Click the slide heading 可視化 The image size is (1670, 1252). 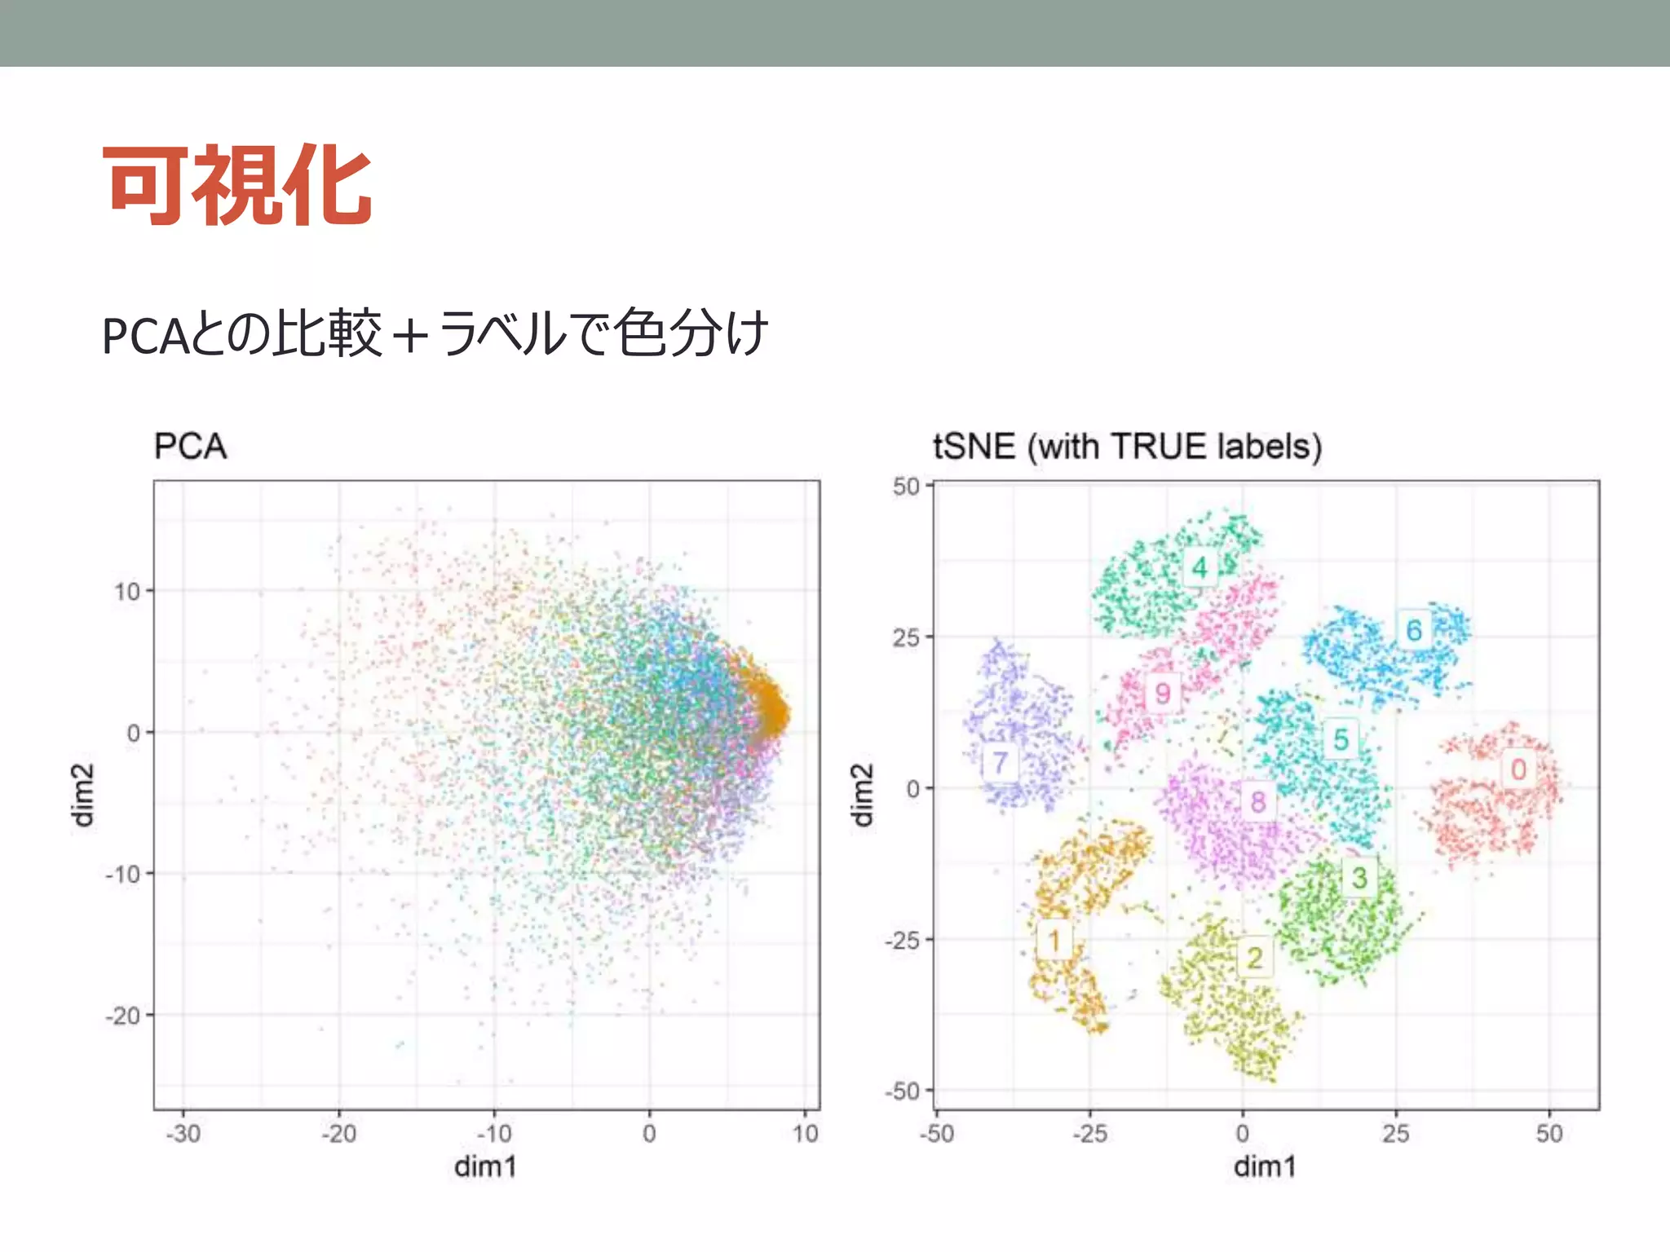click(237, 185)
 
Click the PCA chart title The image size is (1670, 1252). click(190, 447)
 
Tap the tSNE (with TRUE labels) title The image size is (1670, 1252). click(1127, 447)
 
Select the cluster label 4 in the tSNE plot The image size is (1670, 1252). click(1199, 567)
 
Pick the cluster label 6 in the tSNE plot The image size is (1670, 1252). click(1414, 630)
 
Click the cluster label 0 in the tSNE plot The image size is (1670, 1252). click(1518, 769)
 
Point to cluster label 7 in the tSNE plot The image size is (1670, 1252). click(1001, 764)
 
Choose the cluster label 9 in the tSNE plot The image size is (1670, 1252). click(1163, 694)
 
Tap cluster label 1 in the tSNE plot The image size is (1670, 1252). click(1054, 941)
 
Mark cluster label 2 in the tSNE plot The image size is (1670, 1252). click(1255, 958)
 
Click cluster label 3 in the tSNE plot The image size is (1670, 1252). click(1359, 878)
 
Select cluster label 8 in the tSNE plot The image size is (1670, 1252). click(1258, 802)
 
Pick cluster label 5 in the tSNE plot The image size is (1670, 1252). click(1341, 740)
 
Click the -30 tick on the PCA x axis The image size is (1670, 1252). click(183, 1133)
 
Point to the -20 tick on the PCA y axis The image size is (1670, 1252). click(124, 1016)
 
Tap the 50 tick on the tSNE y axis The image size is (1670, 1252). click(906, 487)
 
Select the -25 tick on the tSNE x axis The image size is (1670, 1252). click(1089, 1133)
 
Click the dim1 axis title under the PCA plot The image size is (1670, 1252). click(485, 1166)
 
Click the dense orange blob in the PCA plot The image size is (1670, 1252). click(767, 707)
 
